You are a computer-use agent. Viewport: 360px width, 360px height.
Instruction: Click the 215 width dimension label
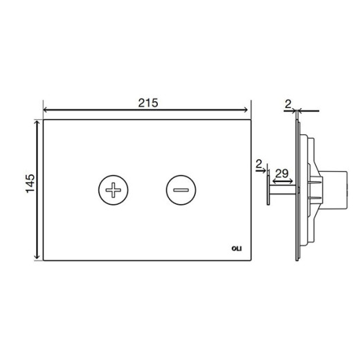(148, 103)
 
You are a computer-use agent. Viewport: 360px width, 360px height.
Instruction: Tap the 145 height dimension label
(30, 183)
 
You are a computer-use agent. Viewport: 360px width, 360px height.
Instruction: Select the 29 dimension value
(282, 174)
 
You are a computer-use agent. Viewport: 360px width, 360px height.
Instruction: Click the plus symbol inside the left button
(113, 190)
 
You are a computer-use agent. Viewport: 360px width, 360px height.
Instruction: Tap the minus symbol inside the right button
(181, 190)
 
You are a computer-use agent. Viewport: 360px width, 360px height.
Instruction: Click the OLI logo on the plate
(237, 249)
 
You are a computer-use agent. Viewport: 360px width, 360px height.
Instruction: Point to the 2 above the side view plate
(288, 105)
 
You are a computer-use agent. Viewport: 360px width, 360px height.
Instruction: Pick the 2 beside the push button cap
(259, 164)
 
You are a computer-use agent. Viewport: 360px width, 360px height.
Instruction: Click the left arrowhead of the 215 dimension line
(46, 110)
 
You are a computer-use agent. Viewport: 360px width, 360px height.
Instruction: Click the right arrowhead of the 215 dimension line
(246, 110)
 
